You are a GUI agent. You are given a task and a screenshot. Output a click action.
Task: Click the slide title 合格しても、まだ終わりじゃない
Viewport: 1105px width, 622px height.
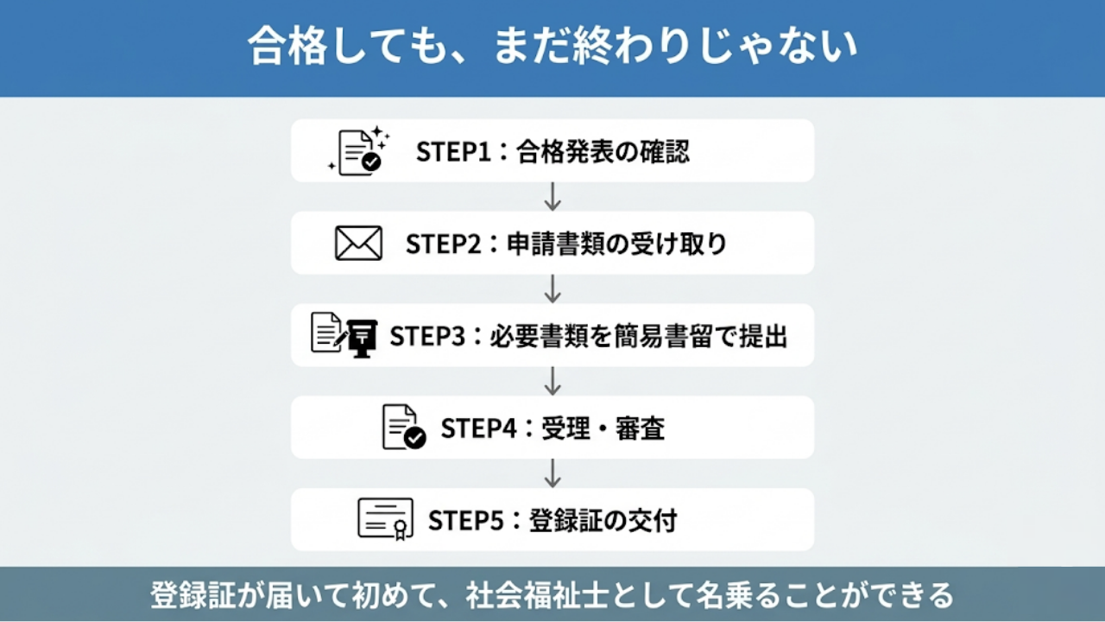[552, 48]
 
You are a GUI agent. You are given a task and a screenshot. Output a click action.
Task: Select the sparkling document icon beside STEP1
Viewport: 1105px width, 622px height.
[359, 152]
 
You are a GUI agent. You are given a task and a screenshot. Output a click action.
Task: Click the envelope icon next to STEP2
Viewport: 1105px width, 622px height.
[358, 244]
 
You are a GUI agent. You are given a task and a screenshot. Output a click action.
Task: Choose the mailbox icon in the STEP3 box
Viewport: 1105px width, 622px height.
[363, 337]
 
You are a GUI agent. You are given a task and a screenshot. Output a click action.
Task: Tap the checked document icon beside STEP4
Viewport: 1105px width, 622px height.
[403, 428]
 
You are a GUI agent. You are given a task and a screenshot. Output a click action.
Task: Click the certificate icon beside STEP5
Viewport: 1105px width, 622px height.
[385, 519]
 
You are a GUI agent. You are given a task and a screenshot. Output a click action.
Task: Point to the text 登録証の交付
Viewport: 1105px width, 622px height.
[603, 521]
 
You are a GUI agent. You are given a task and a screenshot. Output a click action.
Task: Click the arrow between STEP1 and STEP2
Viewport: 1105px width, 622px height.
[552, 197]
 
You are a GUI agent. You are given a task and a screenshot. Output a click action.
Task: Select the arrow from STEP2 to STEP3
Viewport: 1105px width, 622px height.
[552, 289]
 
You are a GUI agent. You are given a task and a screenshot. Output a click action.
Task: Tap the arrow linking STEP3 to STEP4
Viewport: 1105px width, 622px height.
[552, 381]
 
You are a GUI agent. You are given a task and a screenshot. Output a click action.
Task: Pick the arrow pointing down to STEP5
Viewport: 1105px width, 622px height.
[552, 473]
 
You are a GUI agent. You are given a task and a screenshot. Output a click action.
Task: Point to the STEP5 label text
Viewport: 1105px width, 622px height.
[465, 521]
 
